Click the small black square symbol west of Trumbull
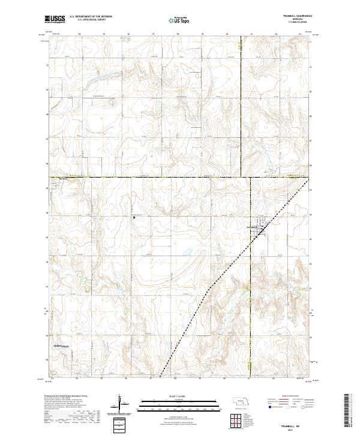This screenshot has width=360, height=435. coord(134,218)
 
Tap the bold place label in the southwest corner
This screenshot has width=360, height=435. coord(59,346)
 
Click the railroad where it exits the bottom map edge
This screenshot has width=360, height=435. coord(161,378)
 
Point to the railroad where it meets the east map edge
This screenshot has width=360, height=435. coord(311,179)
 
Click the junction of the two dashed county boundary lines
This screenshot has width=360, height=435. coord(241,178)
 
